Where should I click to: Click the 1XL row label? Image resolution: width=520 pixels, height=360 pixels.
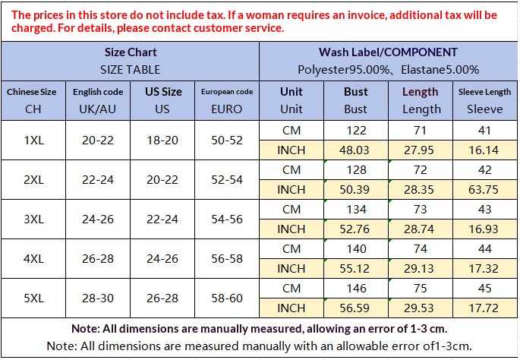coord(33,140)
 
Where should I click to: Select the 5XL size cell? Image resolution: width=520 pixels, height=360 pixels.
coord(33,298)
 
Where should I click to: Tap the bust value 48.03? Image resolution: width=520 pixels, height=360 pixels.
coord(355,150)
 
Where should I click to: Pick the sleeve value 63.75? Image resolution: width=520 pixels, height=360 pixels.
coord(484,189)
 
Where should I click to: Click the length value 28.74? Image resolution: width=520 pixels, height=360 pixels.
coord(420,229)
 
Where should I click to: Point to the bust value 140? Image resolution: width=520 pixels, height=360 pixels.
coord(355,248)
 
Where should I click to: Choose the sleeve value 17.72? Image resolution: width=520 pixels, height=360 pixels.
coord(484,308)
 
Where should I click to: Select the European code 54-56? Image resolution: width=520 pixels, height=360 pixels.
coord(227,219)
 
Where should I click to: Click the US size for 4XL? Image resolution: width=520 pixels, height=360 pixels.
coord(162,259)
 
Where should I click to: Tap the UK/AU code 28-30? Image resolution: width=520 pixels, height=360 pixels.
coord(98,298)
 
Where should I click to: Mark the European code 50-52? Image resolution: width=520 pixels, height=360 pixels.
coord(227,140)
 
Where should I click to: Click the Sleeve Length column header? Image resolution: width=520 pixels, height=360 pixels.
coord(484,99)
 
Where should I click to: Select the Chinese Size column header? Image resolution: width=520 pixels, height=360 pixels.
coord(33,99)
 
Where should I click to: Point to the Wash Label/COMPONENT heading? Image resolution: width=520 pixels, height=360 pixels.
coord(388,52)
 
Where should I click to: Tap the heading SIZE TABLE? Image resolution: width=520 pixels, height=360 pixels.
coord(131,69)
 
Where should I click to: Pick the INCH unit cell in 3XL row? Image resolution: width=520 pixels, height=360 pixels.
coord(291,229)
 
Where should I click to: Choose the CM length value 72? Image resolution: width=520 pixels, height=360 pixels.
coord(420,169)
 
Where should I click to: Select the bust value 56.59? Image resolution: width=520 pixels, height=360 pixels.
coord(355,308)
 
